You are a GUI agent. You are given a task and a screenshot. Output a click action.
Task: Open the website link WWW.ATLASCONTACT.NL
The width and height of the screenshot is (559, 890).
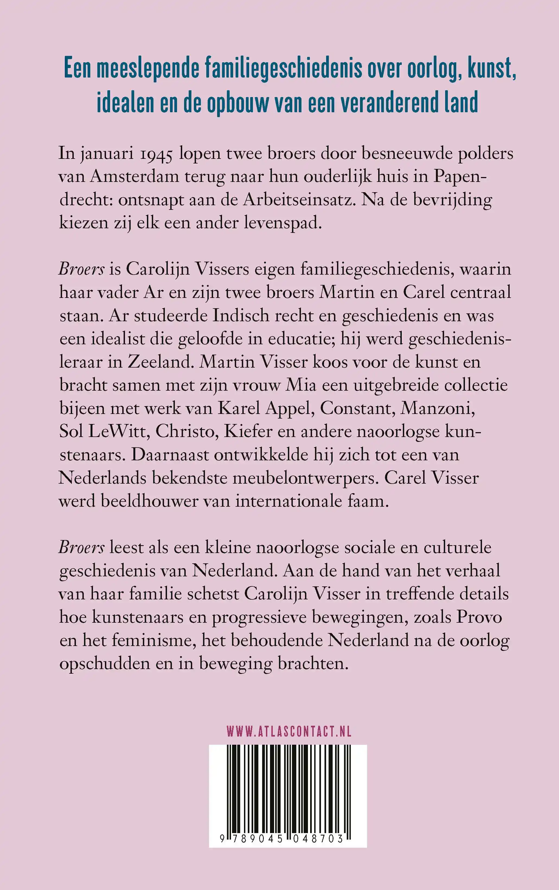click(x=288, y=731)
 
